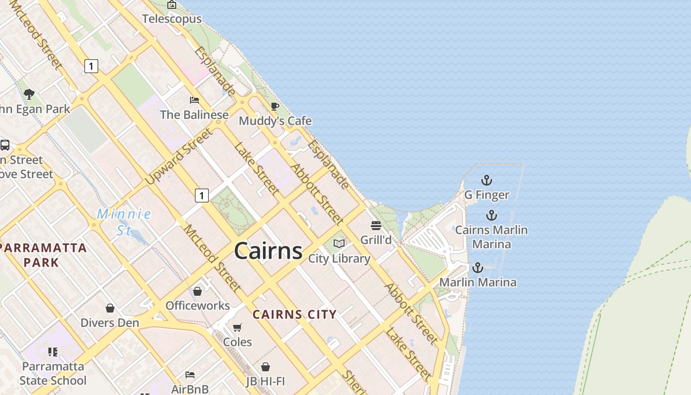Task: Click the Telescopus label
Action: tap(172, 19)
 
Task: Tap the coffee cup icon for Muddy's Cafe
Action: tap(275, 106)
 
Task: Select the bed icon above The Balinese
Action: tap(194, 100)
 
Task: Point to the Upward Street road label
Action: tap(180, 157)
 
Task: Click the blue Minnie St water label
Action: tap(123, 222)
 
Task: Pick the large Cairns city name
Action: tap(268, 250)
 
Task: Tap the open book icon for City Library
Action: tap(339, 243)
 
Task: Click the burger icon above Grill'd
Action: tap(376, 226)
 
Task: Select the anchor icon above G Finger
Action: tap(487, 180)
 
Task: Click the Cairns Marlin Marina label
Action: tap(491, 237)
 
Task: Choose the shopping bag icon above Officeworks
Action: tap(197, 291)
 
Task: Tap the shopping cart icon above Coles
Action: tap(237, 327)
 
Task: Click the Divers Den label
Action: tap(110, 322)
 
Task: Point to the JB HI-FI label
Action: tap(266, 381)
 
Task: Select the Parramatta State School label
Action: tap(53, 373)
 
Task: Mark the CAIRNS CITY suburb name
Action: tap(295, 314)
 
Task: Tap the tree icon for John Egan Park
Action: tap(29, 94)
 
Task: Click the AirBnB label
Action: tap(190, 389)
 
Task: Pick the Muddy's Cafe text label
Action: tap(275, 121)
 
